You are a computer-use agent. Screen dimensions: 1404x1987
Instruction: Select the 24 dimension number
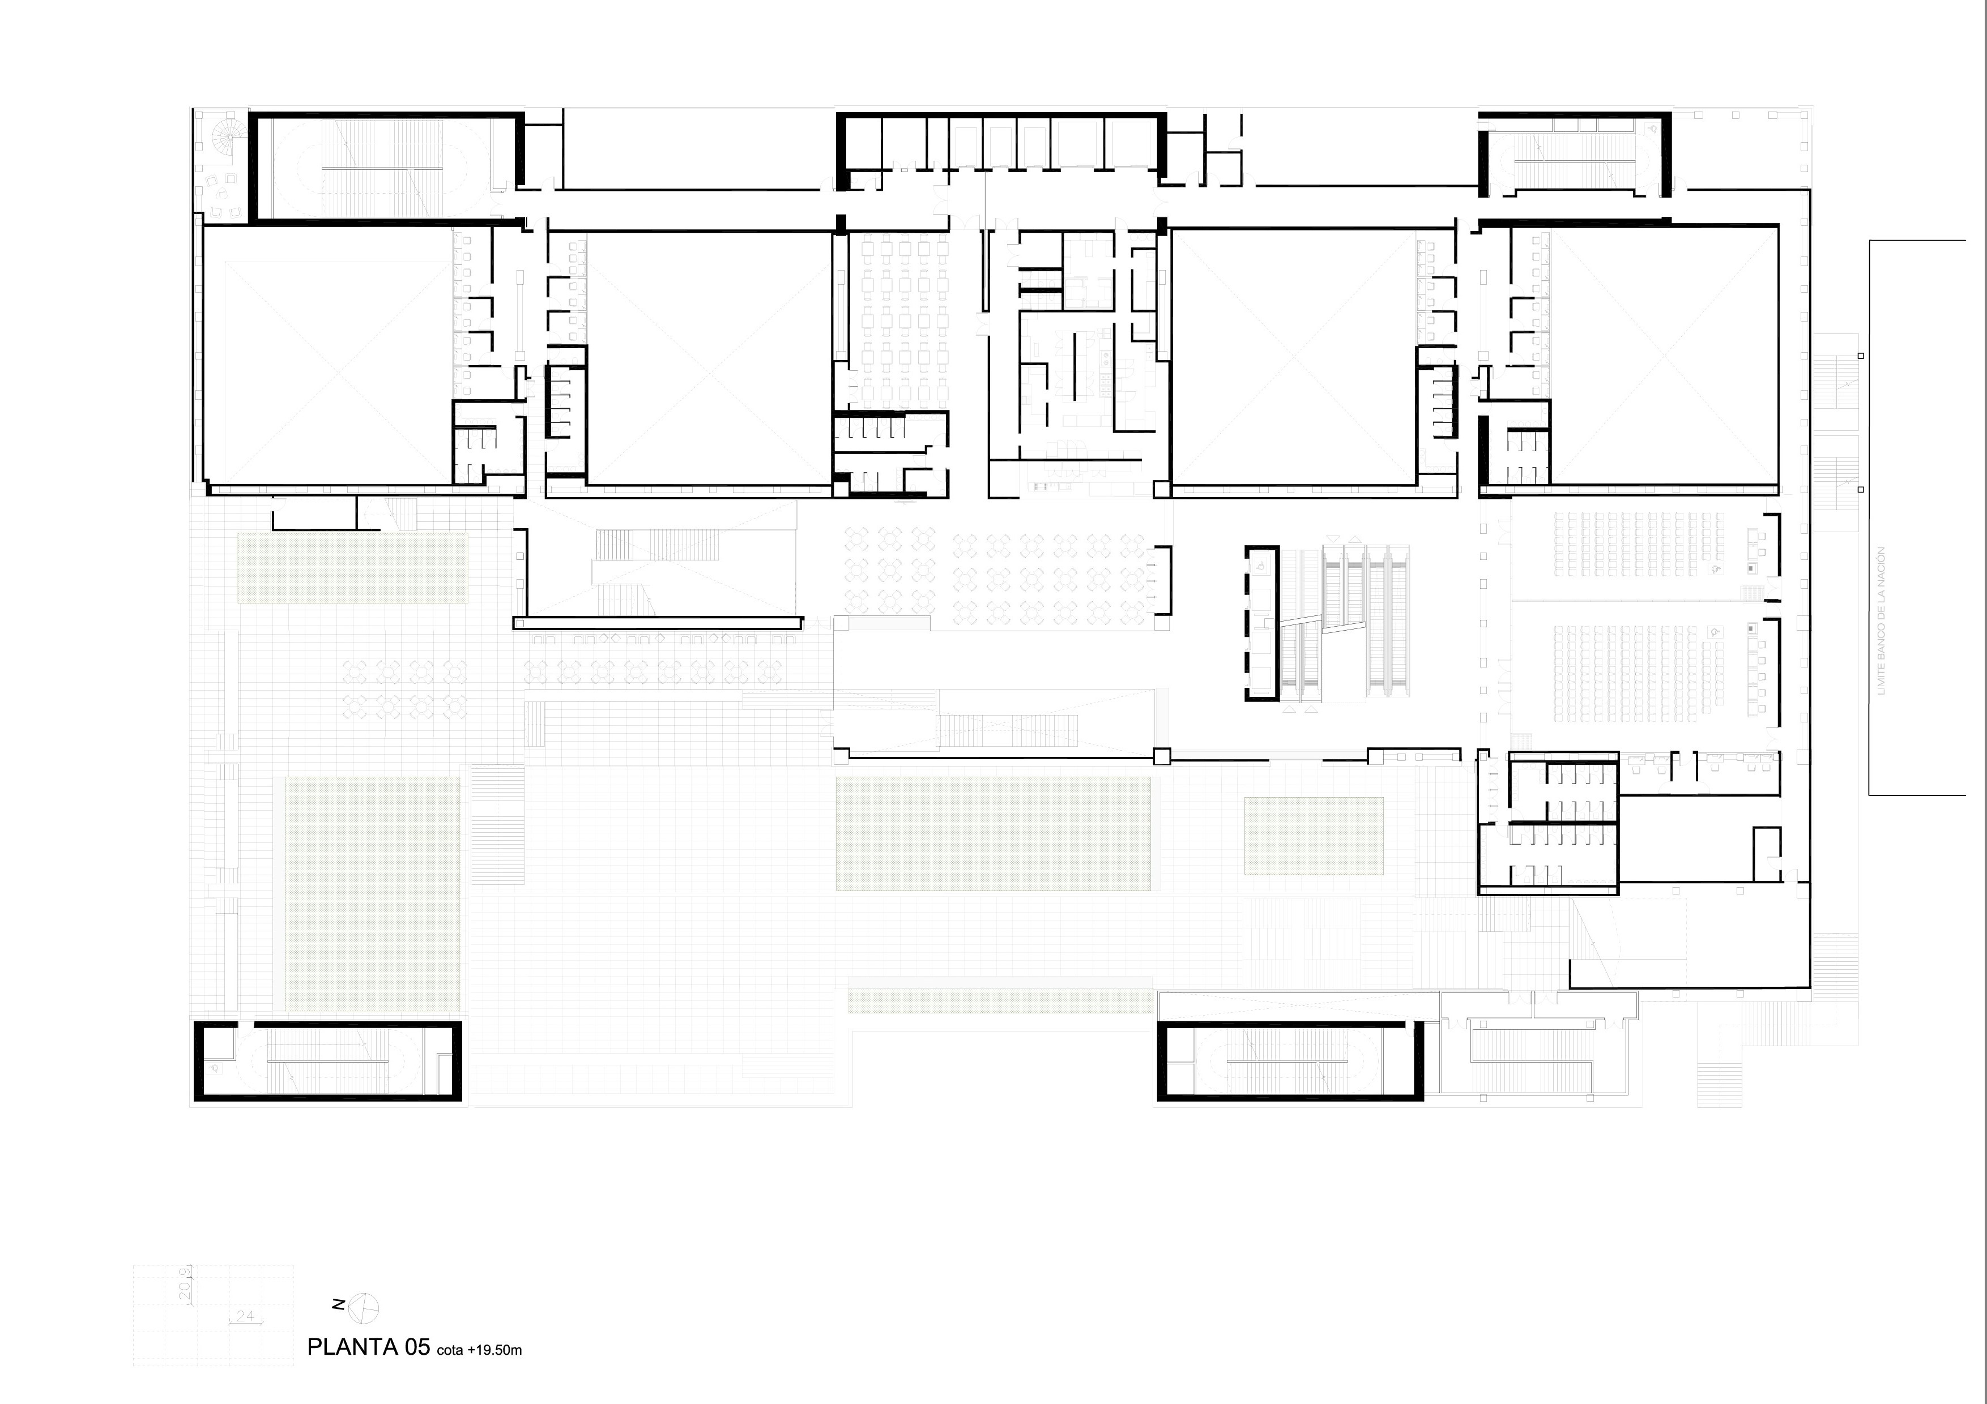[245, 1316]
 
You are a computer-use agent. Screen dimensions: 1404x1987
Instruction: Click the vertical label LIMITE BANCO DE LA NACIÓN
[1881, 620]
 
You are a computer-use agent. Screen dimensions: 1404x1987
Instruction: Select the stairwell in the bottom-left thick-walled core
[326, 1061]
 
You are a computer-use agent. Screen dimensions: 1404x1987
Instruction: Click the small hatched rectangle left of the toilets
[1313, 836]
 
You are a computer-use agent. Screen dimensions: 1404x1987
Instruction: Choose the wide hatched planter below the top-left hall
[353, 567]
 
